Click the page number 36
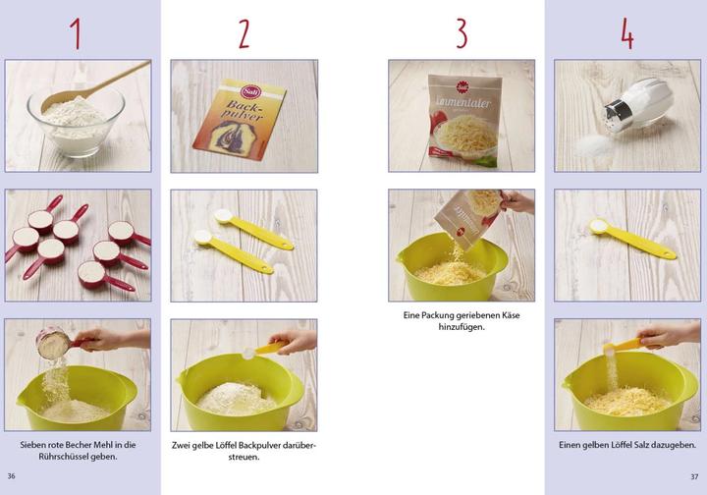click(x=12, y=475)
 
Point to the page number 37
click(x=693, y=475)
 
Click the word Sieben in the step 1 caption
click(x=34, y=445)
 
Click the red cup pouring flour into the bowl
click(x=54, y=344)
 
